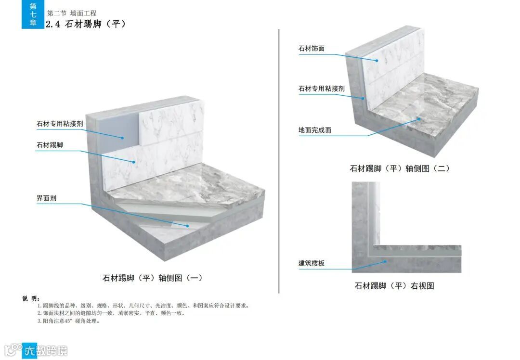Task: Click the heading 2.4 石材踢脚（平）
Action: point(86,24)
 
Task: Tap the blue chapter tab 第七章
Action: point(33,14)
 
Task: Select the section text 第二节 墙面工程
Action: point(72,13)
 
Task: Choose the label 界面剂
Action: point(46,198)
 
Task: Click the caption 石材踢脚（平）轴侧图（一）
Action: point(153,278)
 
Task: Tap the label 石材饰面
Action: point(311,49)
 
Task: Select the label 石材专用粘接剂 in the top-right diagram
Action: point(322,89)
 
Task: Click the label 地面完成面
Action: point(315,130)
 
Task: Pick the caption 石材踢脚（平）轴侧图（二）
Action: point(400,168)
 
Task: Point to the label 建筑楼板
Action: point(312,263)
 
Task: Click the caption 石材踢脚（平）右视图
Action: point(394,286)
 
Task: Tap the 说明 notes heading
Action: point(31,298)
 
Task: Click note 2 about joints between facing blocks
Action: point(111,313)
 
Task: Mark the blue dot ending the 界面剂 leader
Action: point(187,225)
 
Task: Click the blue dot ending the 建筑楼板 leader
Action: point(386,261)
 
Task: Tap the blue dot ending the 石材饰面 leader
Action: point(377,61)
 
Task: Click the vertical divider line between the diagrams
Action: point(279,159)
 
